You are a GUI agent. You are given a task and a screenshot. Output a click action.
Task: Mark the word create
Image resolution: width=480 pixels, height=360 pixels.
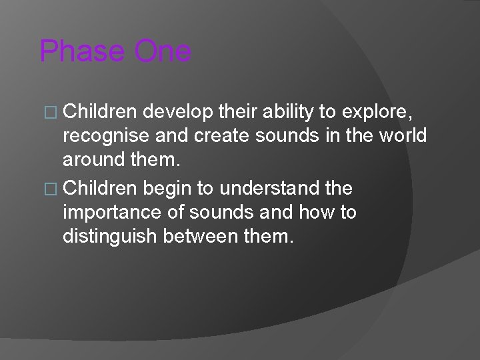[x=215, y=135]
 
